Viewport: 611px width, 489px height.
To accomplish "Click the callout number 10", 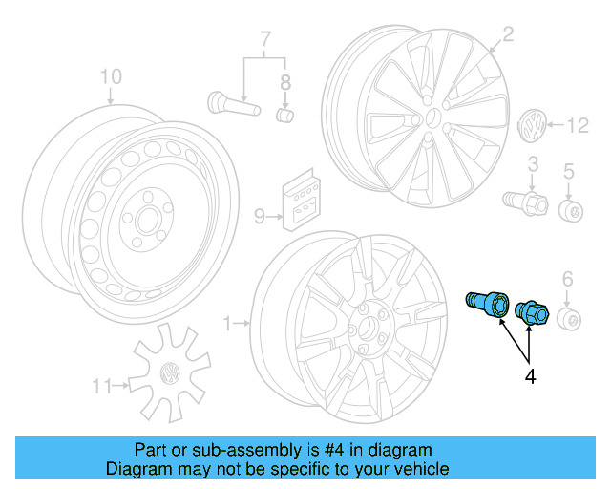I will (111, 75).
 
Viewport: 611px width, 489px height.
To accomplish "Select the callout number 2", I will (508, 35).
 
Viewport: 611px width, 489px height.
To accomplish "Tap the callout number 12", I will (579, 125).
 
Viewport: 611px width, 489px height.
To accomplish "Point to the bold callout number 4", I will (530, 377).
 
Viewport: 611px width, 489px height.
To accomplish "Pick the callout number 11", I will (102, 386).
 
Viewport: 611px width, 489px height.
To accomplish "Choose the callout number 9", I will (259, 217).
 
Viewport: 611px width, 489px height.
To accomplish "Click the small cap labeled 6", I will (569, 318).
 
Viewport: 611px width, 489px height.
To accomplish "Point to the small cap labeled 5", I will (572, 210).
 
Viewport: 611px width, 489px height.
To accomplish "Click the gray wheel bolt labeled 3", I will (524, 201).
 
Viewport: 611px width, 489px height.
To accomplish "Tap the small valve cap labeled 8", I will (284, 116).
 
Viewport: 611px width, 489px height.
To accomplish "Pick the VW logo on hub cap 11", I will (172, 372).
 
